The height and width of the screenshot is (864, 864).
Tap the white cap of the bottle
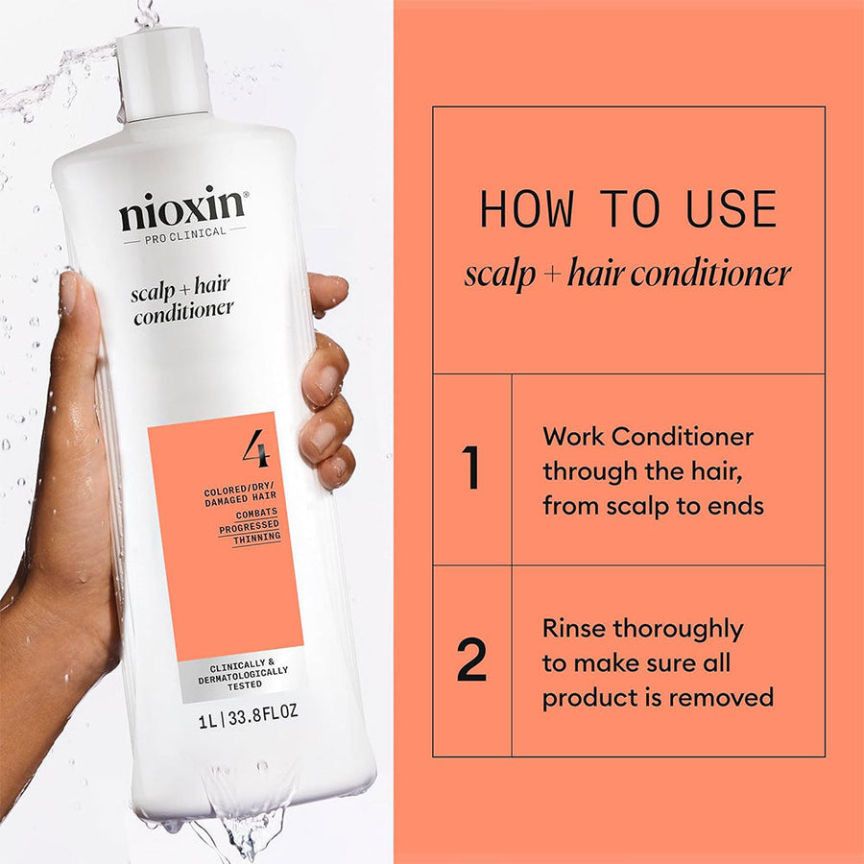164,74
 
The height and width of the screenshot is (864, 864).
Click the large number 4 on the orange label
256,448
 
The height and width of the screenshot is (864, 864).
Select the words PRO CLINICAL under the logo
185,235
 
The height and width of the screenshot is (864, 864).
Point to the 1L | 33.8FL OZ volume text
248,716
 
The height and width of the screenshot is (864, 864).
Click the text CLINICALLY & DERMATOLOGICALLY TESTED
243,675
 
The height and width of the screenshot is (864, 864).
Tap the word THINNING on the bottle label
256,539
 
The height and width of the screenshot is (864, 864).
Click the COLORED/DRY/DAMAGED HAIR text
240,493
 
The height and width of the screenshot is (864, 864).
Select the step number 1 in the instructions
471,468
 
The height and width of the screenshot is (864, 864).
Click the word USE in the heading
732,209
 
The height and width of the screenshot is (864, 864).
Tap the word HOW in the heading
527,209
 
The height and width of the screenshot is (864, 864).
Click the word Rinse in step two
574,629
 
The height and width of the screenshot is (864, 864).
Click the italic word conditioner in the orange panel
710,274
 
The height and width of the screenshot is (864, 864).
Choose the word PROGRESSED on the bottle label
249,526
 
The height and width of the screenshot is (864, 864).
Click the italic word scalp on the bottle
153,293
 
